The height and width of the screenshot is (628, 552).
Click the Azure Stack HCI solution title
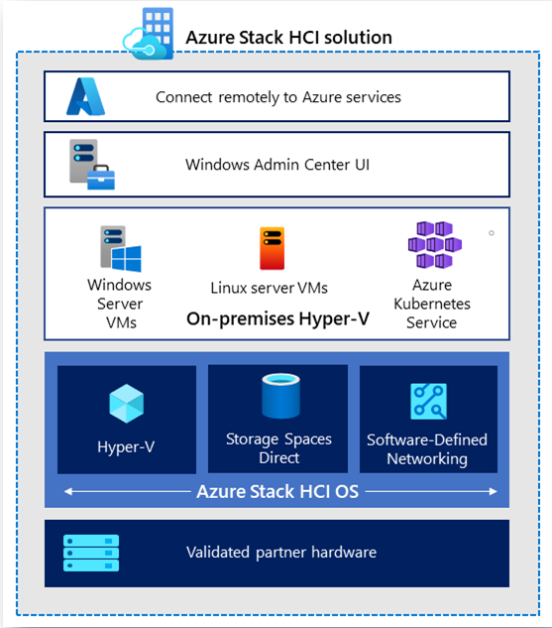(x=288, y=38)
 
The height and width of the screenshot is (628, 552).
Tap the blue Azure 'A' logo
(x=85, y=96)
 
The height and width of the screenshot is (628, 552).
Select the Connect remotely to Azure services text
(x=278, y=97)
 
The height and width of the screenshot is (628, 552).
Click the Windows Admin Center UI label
(x=277, y=165)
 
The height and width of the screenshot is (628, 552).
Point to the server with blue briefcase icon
(x=92, y=165)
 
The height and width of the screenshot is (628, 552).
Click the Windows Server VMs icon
(x=120, y=249)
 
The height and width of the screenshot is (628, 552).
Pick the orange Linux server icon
(x=272, y=248)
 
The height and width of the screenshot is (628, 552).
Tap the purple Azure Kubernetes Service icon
(x=435, y=244)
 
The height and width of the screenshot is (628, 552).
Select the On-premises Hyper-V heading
(x=278, y=319)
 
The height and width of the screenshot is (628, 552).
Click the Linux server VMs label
(x=270, y=288)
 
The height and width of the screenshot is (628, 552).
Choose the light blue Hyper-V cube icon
(x=127, y=404)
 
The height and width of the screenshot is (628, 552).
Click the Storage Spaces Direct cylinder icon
(x=280, y=396)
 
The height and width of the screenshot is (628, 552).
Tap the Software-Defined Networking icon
(x=428, y=402)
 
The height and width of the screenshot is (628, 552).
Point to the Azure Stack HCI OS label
(x=277, y=492)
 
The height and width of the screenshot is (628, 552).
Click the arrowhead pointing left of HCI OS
(x=68, y=491)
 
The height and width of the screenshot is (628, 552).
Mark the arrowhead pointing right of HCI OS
(x=494, y=491)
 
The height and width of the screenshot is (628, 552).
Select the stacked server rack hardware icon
(x=91, y=553)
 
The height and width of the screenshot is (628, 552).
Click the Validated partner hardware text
(x=281, y=553)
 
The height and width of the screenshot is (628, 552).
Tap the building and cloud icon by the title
(x=149, y=34)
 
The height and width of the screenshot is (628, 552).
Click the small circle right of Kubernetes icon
(x=492, y=233)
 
